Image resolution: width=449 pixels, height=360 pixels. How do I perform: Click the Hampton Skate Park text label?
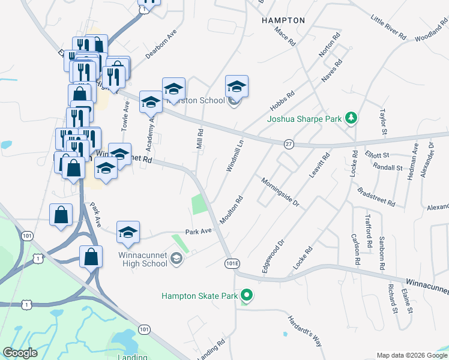click(x=199, y=295)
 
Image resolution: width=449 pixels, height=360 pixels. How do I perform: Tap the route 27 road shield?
click(x=289, y=144)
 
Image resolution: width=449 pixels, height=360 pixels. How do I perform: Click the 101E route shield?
click(x=232, y=263)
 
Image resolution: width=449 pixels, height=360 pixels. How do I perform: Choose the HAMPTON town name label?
click(x=283, y=20)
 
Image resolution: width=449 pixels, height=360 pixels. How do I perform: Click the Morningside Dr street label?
click(x=280, y=191)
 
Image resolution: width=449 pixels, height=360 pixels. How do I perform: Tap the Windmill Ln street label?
click(x=235, y=156)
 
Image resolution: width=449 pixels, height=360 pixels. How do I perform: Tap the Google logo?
click(x=20, y=353)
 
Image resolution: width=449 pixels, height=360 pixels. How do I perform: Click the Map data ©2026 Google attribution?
click(x=411, y=355)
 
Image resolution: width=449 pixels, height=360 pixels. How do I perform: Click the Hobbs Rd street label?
click(x=282, y=100)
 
